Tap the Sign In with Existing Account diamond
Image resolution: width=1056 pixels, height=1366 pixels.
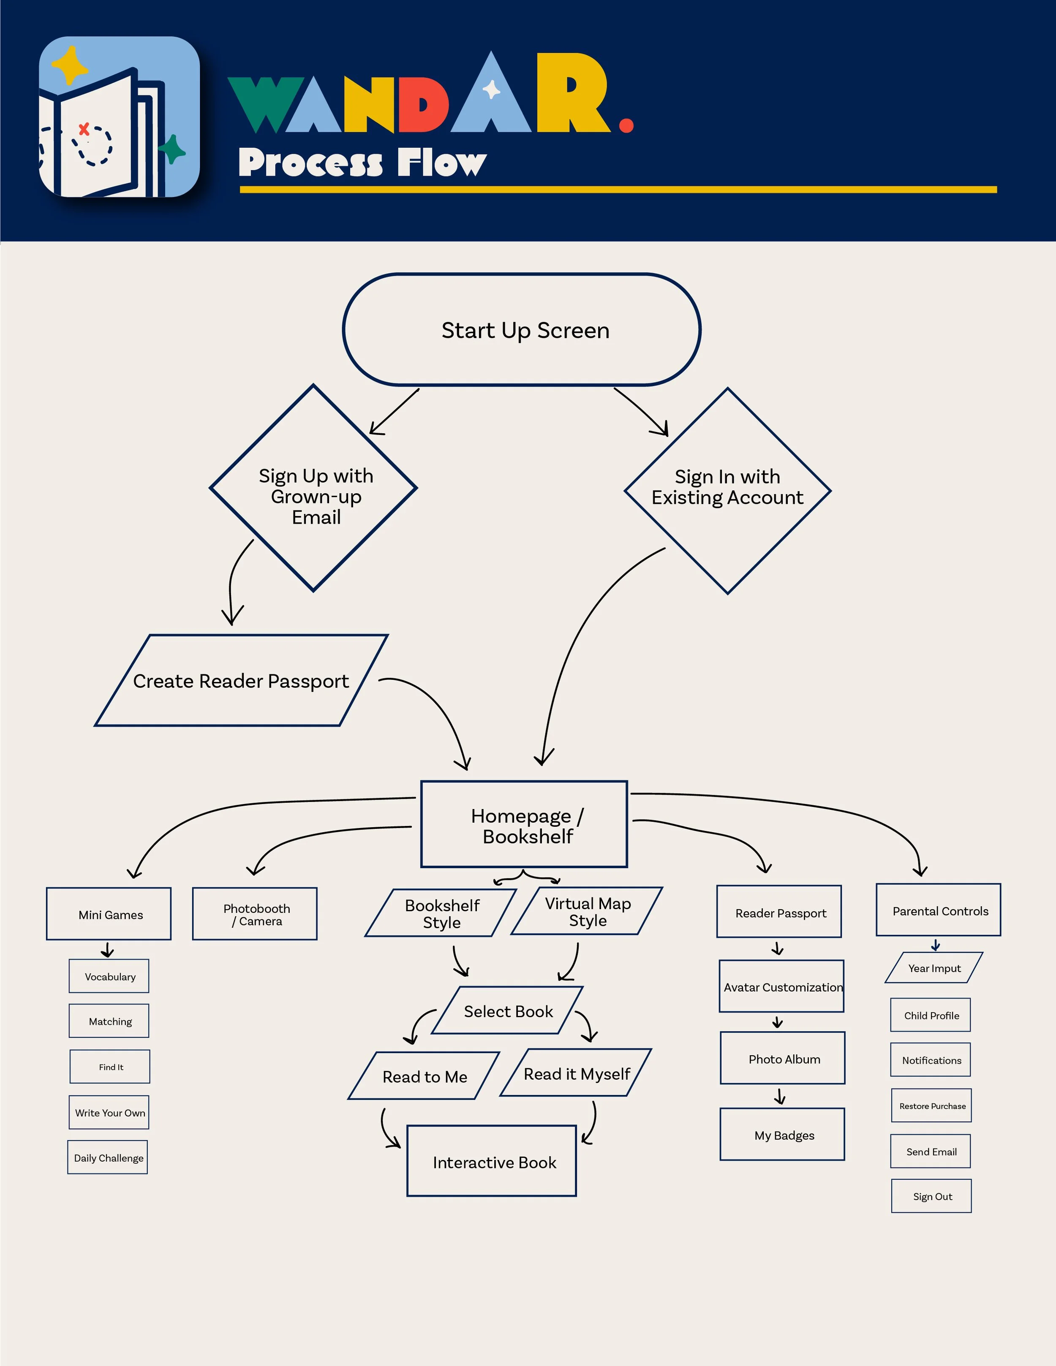click(727, 491)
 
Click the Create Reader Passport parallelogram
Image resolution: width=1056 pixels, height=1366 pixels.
click(241, 681)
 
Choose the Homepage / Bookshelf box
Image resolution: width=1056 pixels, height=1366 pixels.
click(524, 824)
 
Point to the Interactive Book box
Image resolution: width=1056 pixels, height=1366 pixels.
click(492, 1162)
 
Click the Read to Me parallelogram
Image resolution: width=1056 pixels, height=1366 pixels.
click(424, 1076)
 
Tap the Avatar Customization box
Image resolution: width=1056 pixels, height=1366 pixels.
click(781, 986)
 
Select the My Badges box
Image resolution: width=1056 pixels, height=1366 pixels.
click(783, 1135)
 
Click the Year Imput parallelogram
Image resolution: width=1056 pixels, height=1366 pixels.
click(934, 967)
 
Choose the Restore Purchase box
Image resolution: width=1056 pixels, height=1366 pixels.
click(931, 1105)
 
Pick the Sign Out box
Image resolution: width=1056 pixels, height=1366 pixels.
click(931, 1196)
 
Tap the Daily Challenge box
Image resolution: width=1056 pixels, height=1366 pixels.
click(108, 1157)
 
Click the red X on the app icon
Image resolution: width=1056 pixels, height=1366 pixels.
click(84, 130)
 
